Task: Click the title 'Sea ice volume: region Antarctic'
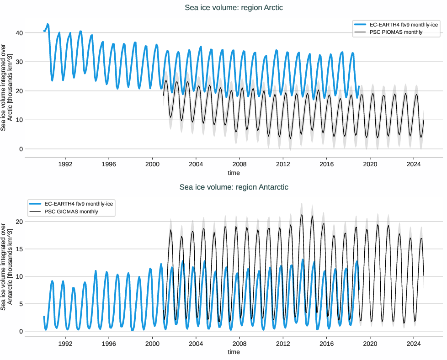234,187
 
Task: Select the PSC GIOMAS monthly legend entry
71,212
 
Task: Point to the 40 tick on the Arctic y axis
19,33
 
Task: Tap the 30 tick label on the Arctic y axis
19,62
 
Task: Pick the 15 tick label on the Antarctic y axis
19,249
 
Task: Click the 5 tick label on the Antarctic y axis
21,304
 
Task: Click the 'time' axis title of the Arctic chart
234,173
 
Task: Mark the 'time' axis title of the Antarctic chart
234,352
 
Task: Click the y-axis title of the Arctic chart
6,87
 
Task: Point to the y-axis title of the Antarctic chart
6,267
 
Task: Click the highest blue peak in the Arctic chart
48,24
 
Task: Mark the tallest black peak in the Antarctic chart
302,215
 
